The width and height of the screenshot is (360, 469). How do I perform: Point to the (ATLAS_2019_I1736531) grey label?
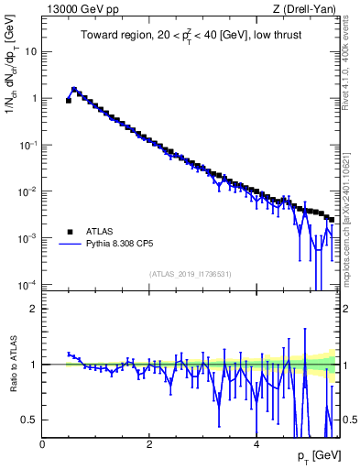tap(191, 275)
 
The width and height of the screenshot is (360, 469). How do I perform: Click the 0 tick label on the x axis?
tap(42, 443)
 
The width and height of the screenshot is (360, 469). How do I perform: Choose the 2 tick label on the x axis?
tap(149, 443)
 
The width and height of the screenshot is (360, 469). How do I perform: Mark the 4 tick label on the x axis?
tap(256, 443)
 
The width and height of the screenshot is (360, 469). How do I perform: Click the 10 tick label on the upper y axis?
tap(31, 51)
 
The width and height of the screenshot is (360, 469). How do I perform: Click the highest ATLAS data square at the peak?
tap(74, 90)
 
